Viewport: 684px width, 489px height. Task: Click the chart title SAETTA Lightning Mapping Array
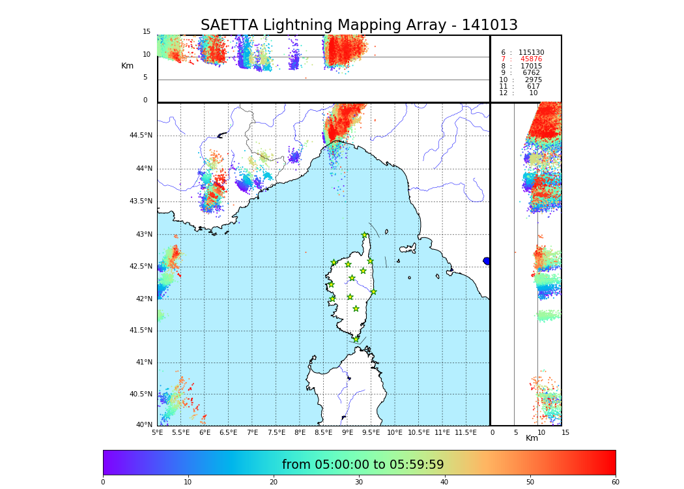[359, 25]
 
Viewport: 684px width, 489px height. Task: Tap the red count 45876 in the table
[531, 59]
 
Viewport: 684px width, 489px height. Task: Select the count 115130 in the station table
[531, 53]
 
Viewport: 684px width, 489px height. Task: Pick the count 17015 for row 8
[531, 67]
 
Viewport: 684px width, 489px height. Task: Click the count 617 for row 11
[533, 87]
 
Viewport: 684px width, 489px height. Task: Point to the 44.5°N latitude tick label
[141, 136]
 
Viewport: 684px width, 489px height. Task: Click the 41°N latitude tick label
[143, 363]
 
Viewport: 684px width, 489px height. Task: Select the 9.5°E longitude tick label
[371, 433]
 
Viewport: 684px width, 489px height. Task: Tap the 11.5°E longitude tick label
[466, 433]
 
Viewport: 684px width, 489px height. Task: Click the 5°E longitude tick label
[158, 433]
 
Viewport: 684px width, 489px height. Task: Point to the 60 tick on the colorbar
[615, 482]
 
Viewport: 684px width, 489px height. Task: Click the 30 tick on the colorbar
[359, 482]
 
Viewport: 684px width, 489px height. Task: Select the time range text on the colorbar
[363, 465]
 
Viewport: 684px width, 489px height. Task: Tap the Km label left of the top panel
[127, 66]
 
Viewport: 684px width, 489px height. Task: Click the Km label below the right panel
[532, 438]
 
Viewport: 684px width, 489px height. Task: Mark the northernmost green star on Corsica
[365, 235]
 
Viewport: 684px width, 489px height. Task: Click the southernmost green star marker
[356, 339]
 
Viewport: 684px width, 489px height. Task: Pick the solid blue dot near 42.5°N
[487, 261]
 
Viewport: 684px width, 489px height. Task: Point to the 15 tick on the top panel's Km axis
[147, 32]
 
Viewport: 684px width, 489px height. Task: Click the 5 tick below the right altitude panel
[515, 433]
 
